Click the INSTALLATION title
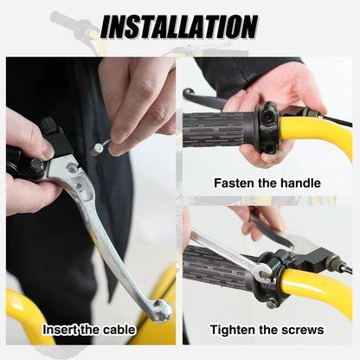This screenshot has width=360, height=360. tap(179, 26)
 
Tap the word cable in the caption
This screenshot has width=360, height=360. tap(119, 330)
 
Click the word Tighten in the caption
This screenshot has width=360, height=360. tap(232, 330)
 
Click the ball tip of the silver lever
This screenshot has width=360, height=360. tap(162, 311)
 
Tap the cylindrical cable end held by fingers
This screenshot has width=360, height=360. tap(96, 149)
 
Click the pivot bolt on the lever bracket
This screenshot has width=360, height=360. tap(37, 165)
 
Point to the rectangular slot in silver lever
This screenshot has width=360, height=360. tap(78, 183)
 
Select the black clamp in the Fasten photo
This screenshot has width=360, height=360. tap(267, 127)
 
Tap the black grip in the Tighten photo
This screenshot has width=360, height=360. tap(219, 267)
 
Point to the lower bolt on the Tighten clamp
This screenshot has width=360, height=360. tap(273, 303)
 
